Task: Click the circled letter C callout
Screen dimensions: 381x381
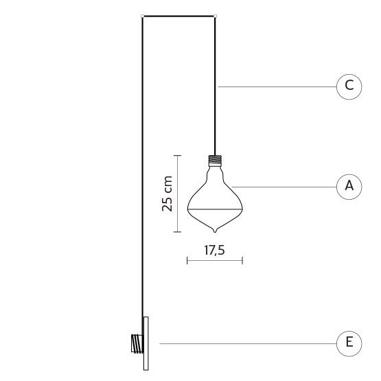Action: [349, 86]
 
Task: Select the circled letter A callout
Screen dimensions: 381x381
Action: [349, 187]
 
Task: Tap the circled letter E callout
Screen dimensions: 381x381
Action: [349, 343]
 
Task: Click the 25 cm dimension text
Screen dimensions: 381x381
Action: [168, 194]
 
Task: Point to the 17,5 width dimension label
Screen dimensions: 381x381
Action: [215, 251]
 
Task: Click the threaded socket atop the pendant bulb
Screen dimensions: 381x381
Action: [215, 161]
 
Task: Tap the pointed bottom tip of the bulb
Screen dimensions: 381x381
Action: [215, 232]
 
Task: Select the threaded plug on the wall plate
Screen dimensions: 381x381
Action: [137, 343]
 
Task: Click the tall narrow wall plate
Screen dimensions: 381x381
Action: [146, 343]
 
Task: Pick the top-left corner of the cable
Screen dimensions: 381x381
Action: [142, 16]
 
